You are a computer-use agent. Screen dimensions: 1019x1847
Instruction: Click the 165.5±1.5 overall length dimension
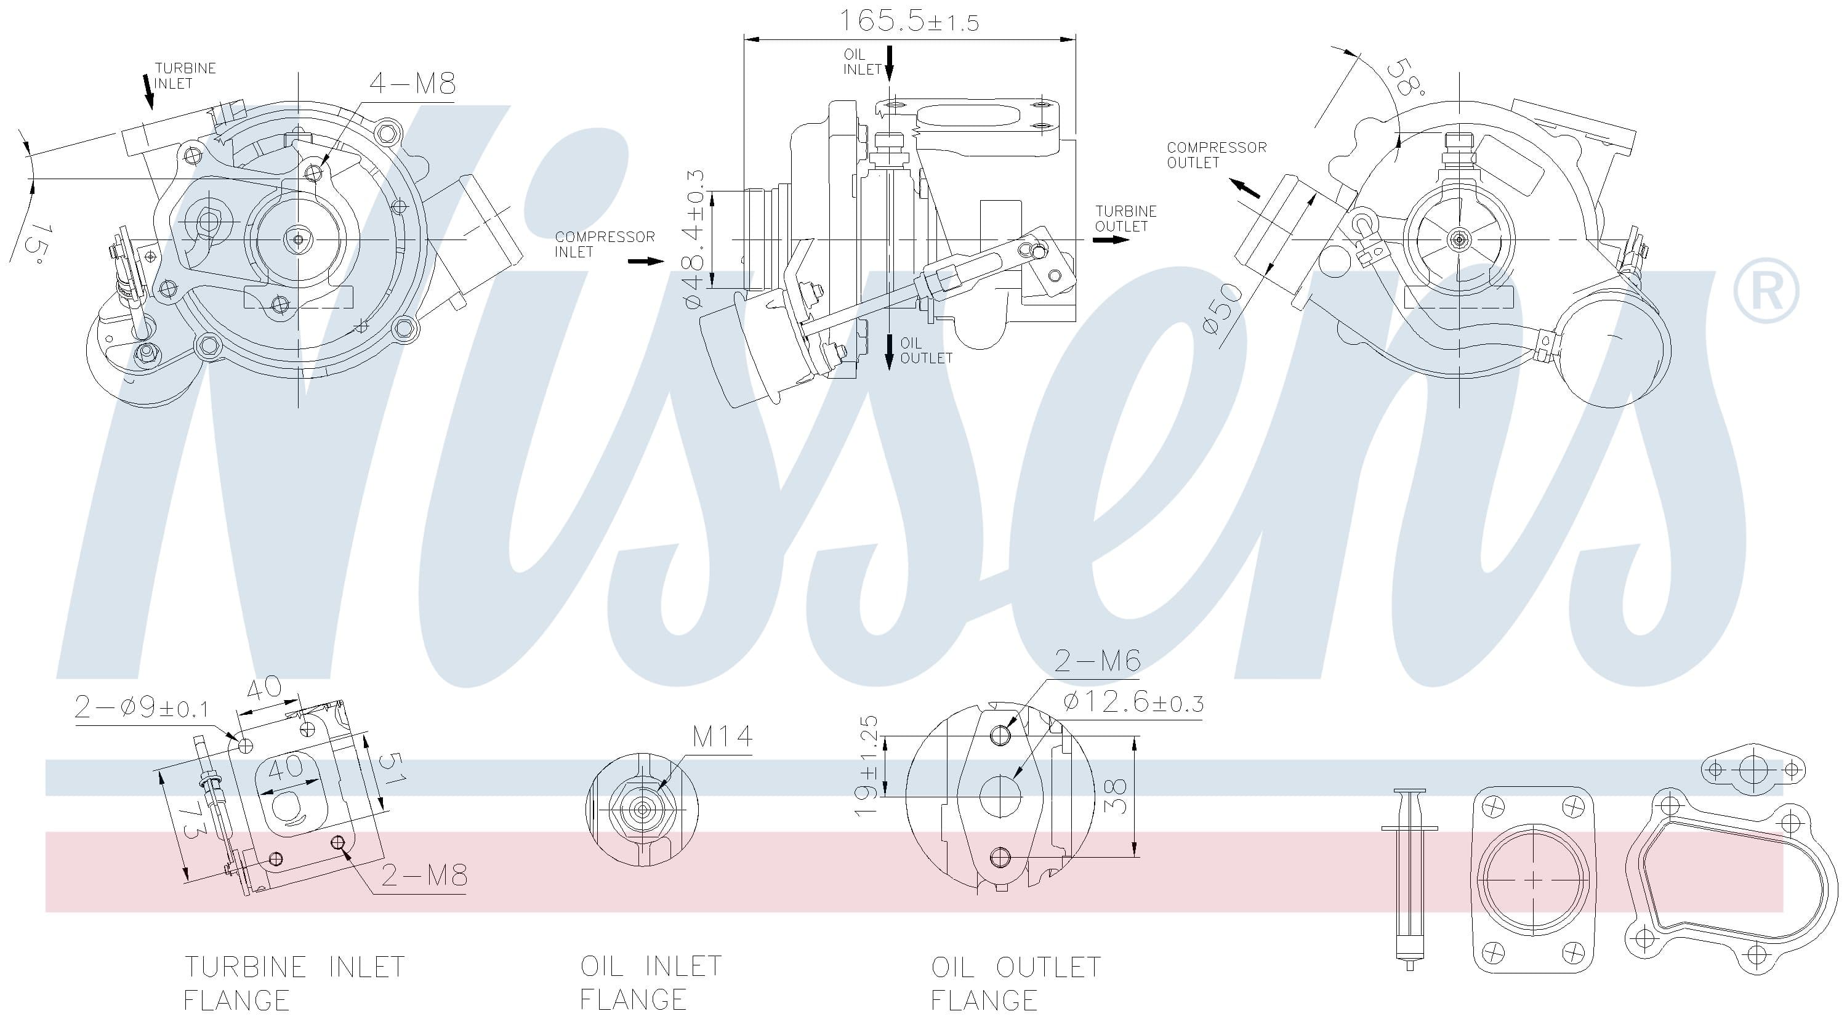point(909,21)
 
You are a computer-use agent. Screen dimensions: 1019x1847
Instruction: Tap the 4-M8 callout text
point(412,84)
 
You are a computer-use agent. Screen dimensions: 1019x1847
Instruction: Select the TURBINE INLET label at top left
point(184,76)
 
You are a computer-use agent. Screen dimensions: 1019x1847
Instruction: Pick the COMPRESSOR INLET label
point(604,244)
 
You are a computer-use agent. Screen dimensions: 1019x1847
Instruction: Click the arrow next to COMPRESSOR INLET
point(646,261)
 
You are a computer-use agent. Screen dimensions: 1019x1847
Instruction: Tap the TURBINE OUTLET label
point(1125,218)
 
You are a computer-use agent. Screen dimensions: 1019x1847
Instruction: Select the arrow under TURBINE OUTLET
point(1110,240)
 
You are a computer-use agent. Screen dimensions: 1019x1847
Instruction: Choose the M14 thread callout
point(722,736)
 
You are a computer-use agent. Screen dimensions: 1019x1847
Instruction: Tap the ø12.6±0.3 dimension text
point(1133,703)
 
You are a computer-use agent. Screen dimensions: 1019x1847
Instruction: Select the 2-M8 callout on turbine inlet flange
point(424,875)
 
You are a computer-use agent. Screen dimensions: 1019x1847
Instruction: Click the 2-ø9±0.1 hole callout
point(141,709)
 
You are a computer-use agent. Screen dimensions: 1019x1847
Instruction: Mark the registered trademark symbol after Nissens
point(1765,291)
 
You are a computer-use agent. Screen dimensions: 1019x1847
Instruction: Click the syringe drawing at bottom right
point(1409,879)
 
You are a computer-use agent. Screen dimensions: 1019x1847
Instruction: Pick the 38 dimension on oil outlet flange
point(1116,796)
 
